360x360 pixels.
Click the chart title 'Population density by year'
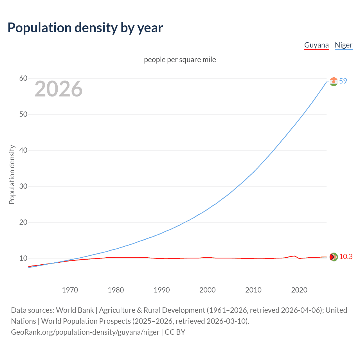click(x=85, y=28)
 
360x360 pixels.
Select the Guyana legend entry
click(x=316, y=45)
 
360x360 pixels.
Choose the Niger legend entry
click(x=343, y=45)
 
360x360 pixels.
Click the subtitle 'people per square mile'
click(x=180, y=60)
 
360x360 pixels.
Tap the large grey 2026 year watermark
click(x=58, y=89)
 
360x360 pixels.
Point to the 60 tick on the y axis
click(x=23, y=78)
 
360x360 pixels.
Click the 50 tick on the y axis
click(x=23, y=114)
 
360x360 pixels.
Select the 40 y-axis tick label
click(x=23, y=150)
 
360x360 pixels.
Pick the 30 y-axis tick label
click(x=23, y=186)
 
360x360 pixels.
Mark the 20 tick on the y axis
click(x=23, y=222)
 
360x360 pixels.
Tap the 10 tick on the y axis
click(x=23, y=258)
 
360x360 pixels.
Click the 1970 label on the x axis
click(x=70, y=290)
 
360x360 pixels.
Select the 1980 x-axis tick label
click(x=116, y=290)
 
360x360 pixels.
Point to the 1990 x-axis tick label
click(x=162, y=290)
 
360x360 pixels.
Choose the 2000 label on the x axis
click(x=208, y=290)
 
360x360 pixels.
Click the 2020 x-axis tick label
click(x=299, y=290)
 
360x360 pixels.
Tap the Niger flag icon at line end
click(x=334, y=82)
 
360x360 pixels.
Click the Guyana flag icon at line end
click(x=334, y=257)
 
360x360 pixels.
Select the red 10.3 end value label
click(x=346, y=257)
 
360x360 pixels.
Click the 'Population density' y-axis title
click(x=12, y=174)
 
